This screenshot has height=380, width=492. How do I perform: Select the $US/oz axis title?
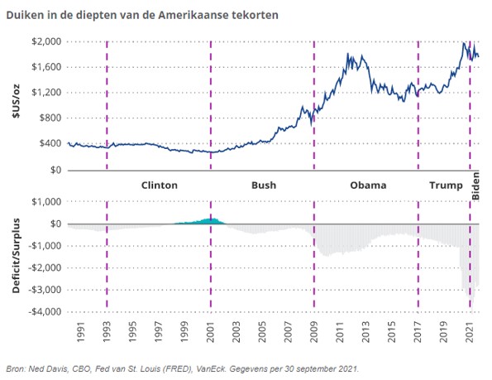(15, 105)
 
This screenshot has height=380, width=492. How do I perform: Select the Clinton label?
(159, 185)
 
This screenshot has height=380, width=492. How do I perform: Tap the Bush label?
(263, 185)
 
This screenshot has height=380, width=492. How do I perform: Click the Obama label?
(368, 185)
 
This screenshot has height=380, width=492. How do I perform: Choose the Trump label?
(446, 185)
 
